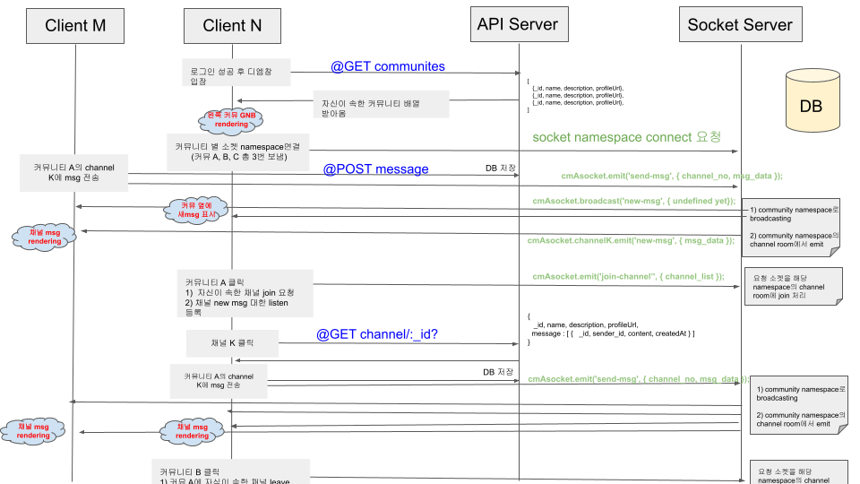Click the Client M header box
tap(75, 26)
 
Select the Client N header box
tap(232, 26)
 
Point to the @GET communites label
tap(388, 66)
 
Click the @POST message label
tap(375, 169)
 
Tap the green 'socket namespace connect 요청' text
tap(625, 137)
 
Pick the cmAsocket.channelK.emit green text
tap(632, 240)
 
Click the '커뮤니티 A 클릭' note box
tap(244, 293)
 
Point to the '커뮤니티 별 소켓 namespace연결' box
tap(237, 151)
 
